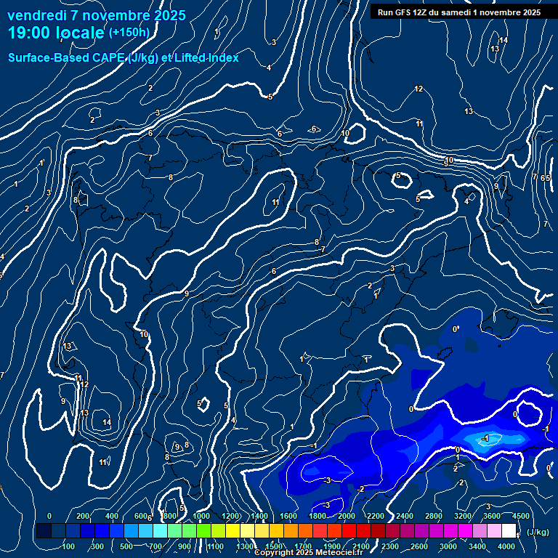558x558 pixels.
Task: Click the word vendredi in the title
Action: tap(42, 15)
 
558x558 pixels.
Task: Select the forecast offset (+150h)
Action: tap(129, 33)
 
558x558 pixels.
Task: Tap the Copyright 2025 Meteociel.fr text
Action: tap(308, 553)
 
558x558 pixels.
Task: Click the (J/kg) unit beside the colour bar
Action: tap(537, 533)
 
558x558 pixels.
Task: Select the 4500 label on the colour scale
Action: tap(521, 516)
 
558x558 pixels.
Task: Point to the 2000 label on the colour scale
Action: tap(347, 516)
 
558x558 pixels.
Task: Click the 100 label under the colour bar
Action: tap(69, 546)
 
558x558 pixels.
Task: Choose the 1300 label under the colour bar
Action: tap(245, 546)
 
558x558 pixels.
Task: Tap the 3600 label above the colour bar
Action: tap(492, 516)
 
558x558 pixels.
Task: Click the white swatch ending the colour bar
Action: tap(509, 531)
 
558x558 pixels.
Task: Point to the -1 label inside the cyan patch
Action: tap(485, 438)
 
